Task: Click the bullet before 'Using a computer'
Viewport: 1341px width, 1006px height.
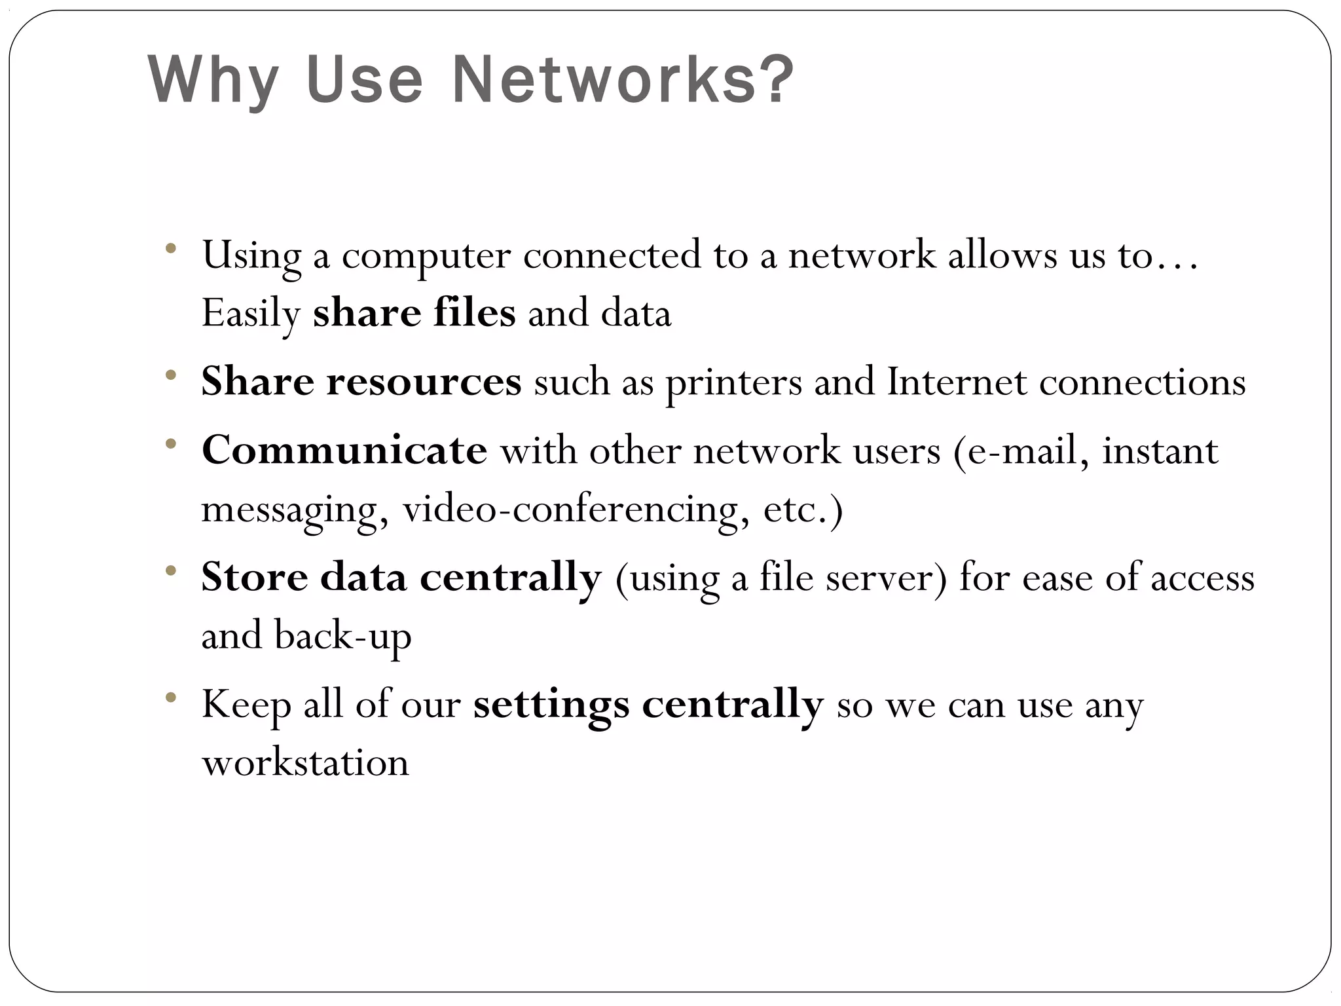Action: pyautogui.click(x=172, y=248)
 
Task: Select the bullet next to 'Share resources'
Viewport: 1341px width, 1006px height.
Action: pyautogui.click(x=172, y=375)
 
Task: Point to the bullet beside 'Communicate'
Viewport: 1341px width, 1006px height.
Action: pyautogui.click(x=172, y=443)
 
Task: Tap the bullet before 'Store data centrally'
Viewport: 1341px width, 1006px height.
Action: pyautogui.click(x=172, y=570)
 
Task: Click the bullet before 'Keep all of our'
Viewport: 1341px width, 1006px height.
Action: pyautogui.click(x=172, y=698)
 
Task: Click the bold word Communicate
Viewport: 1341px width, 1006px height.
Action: pyautogui.click(x=344, y=450)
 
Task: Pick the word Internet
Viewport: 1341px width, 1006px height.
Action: pyautogui.click(x=957, y=381)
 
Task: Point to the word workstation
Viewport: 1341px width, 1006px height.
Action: pyautogui.click(x=305, y=762)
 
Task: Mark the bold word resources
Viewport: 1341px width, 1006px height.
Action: pyautogui.click(x=424, y=382)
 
